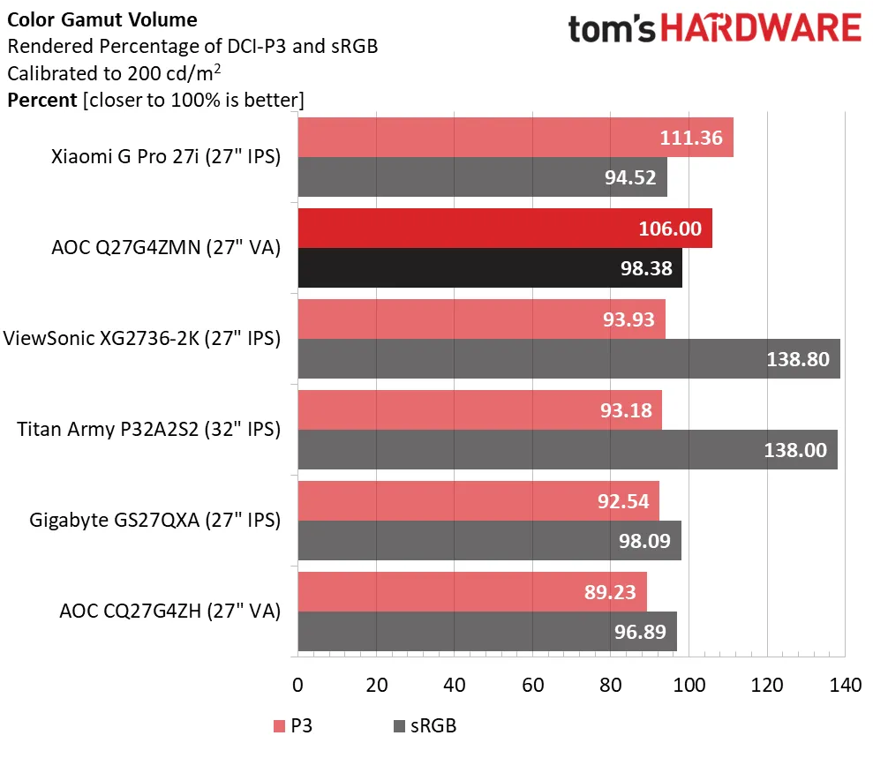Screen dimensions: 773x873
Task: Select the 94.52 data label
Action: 630,177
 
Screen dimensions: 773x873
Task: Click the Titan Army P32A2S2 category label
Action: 148,430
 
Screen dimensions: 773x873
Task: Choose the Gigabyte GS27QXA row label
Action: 154,520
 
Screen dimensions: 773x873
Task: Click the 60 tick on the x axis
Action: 532,685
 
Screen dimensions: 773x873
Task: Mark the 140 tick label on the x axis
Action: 845,685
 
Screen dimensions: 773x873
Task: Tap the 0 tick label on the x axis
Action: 297,685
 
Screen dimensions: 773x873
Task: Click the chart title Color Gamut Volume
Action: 102,19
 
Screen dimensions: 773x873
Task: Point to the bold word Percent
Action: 41,100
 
